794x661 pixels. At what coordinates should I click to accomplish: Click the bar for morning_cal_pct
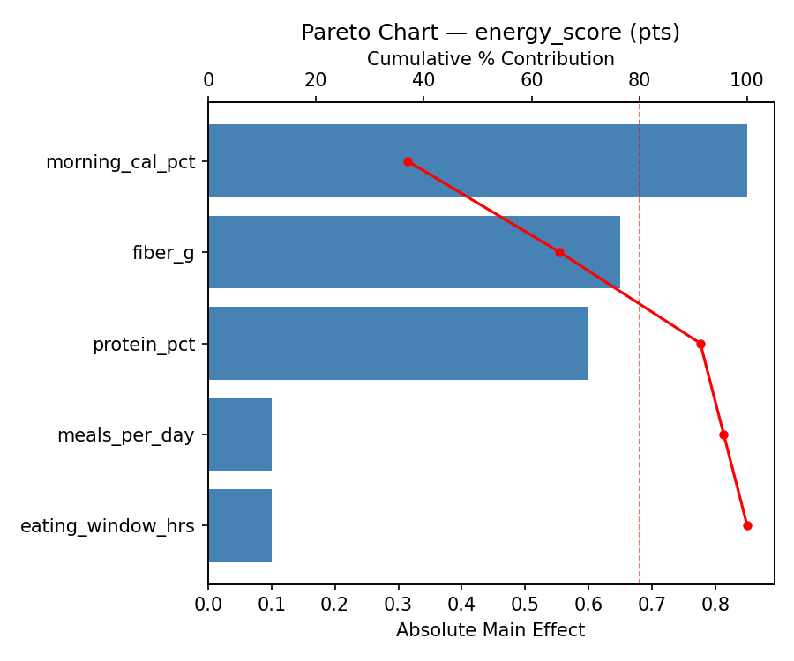[x=477, y=161]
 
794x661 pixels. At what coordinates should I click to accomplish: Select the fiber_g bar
[x=414, y=252]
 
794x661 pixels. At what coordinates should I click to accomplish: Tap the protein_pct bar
[x=398, y=344]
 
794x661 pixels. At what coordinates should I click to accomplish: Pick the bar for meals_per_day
[x=240, y=434]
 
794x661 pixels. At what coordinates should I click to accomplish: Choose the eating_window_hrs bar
[x=240, y=525]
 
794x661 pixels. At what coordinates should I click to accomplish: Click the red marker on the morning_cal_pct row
[x=408, y=161]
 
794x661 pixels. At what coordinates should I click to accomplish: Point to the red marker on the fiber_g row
[x=559, y=252]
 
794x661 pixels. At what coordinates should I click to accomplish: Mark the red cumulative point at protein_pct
[x=700, y=344]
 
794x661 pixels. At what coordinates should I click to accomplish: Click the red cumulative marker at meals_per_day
[x=723, y=434]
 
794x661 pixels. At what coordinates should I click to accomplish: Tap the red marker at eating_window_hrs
[x=747, y=525]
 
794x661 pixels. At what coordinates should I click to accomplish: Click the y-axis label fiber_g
[x=163, y=253]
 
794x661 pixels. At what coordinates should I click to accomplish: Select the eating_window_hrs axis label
[x=107, y=526]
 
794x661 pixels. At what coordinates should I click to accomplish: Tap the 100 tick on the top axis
[x=746, y=80]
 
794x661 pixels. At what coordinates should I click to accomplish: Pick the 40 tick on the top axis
[x=423, y=80]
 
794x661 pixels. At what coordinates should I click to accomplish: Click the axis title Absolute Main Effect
[x=491, y=630]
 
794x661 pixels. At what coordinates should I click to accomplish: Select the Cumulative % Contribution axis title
[x=491, y=59]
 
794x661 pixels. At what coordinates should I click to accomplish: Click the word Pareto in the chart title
[x=331, y=33]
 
